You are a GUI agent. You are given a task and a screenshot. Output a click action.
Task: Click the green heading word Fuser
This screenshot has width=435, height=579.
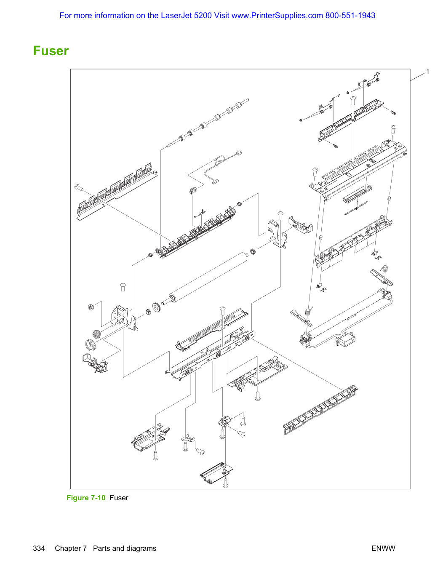tap(51, 51)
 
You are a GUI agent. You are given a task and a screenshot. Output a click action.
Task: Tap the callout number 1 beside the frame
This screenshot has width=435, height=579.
tap(427, 72)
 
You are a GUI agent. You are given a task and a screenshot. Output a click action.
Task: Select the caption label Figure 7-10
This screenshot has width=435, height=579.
tap(86, 497)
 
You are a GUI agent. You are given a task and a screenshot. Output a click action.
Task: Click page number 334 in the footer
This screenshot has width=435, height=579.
tap(39, 548)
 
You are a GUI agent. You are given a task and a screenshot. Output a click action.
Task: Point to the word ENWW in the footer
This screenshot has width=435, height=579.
tap(383, 548)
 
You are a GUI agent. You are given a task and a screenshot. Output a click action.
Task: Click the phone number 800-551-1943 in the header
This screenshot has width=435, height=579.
tap(350, 16)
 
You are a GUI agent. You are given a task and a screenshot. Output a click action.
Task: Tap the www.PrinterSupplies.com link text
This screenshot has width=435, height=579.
tap(277, 16)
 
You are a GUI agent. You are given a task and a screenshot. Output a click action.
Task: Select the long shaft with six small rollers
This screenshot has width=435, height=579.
tap(208, 123)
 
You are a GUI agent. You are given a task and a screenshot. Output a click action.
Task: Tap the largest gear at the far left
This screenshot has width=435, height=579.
tap(90, 344)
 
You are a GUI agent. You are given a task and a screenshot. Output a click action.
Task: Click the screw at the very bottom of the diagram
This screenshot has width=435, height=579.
tap(225, 483)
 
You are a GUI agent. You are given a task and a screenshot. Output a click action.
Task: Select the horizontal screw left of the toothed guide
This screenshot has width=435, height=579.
tap(79, 187)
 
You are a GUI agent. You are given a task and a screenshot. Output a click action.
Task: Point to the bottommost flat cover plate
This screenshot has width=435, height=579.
tap(216, 473)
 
